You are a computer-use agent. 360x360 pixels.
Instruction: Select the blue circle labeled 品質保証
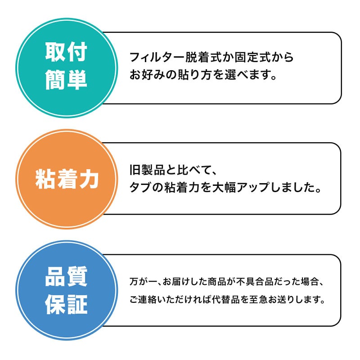point(67,291)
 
